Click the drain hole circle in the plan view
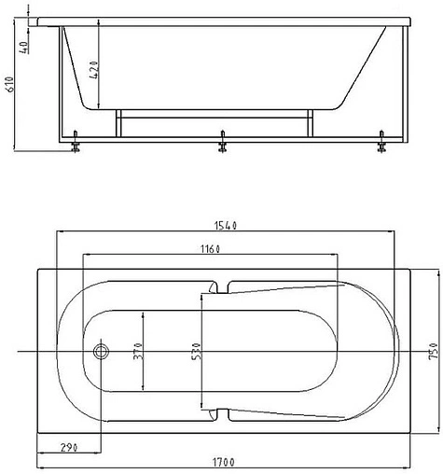[x=101, y=353]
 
